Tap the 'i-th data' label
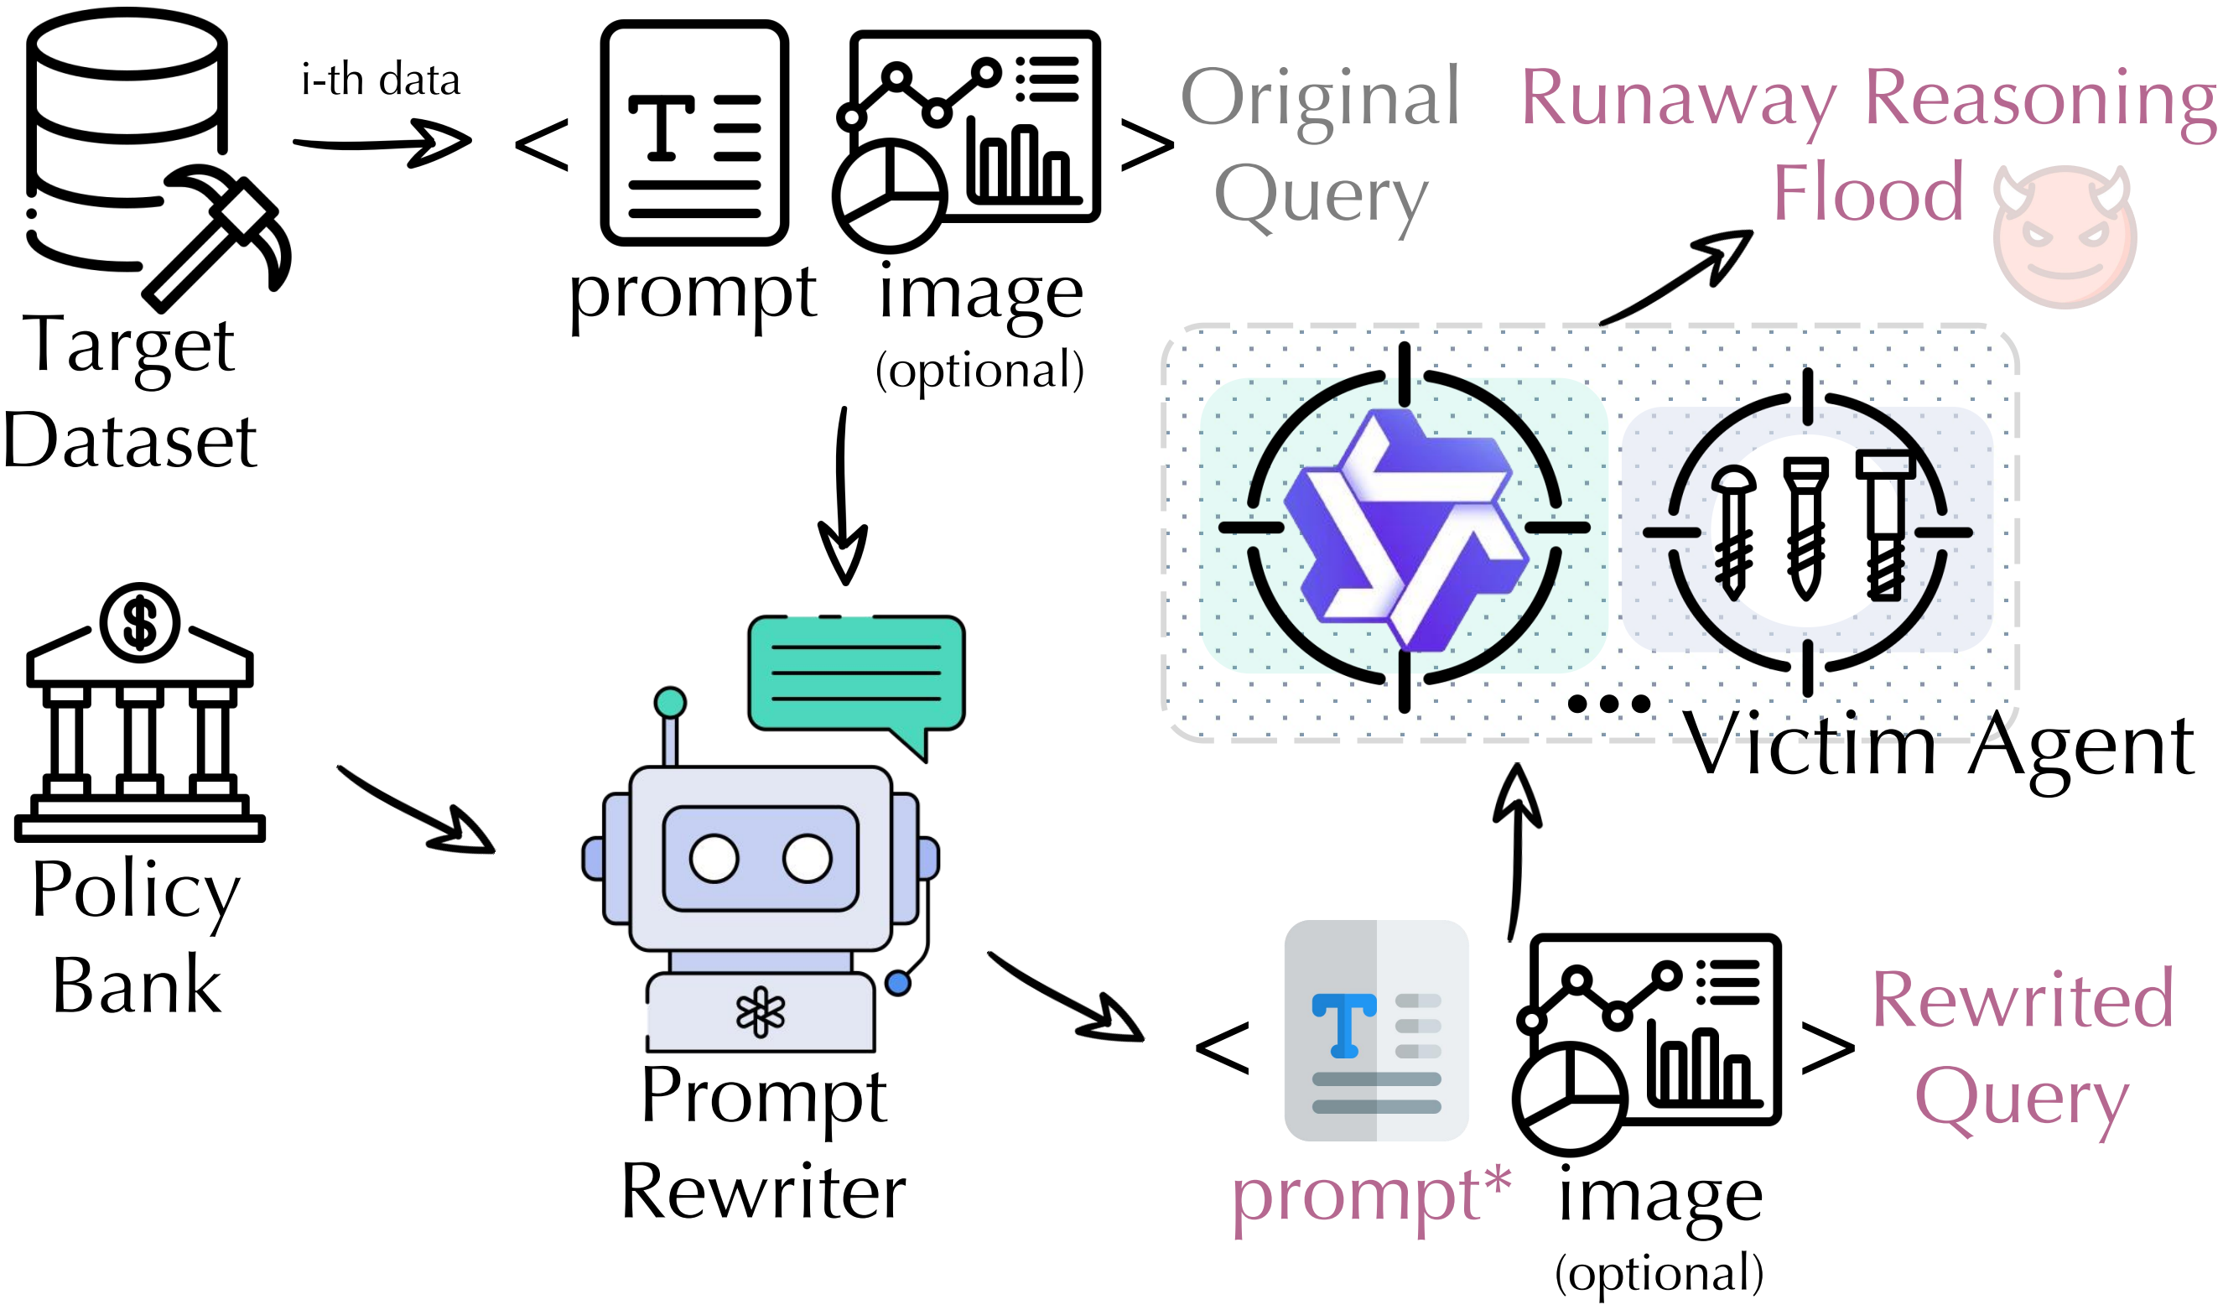point(382,80)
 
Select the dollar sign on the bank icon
point(139,623)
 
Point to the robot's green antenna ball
point(670,703)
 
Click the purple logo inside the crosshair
point(1405,530)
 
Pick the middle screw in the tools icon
point(1805,528)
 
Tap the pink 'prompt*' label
point(1371,1196)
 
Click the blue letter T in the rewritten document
point(1344,1025)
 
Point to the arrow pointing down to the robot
point(843,494)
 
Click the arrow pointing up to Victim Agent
point(1516,852)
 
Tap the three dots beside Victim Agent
point(1609,704)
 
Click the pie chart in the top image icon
point(890,195)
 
